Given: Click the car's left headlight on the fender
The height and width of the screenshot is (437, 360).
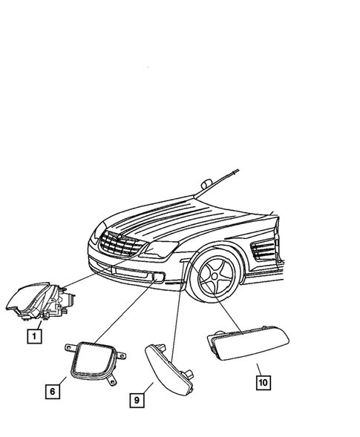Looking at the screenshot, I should pyautogui.click(x=160, y=250).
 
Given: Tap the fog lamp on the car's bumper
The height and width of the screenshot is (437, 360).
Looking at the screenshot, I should pyautogui.click(x=157, y=279).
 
